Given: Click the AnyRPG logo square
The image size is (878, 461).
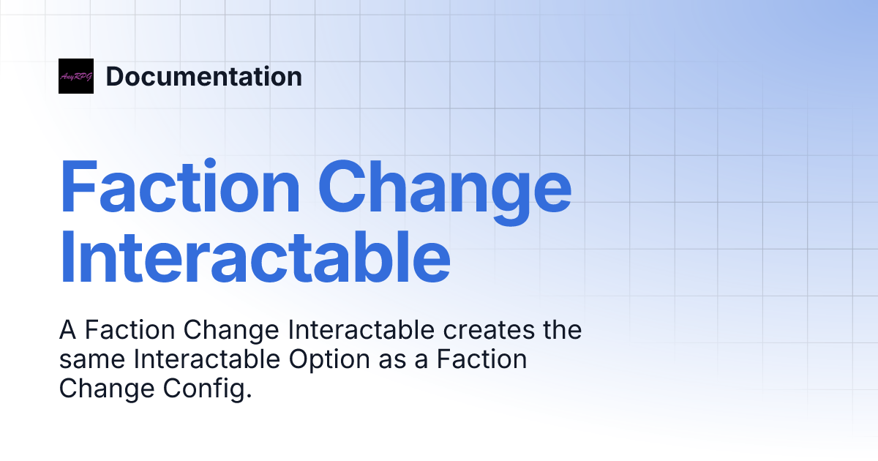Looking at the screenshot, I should [x=76, y=76].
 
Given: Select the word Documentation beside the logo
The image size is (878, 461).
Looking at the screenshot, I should [x=203, y=77].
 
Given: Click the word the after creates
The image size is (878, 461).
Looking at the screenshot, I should [x=562, y=331].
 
